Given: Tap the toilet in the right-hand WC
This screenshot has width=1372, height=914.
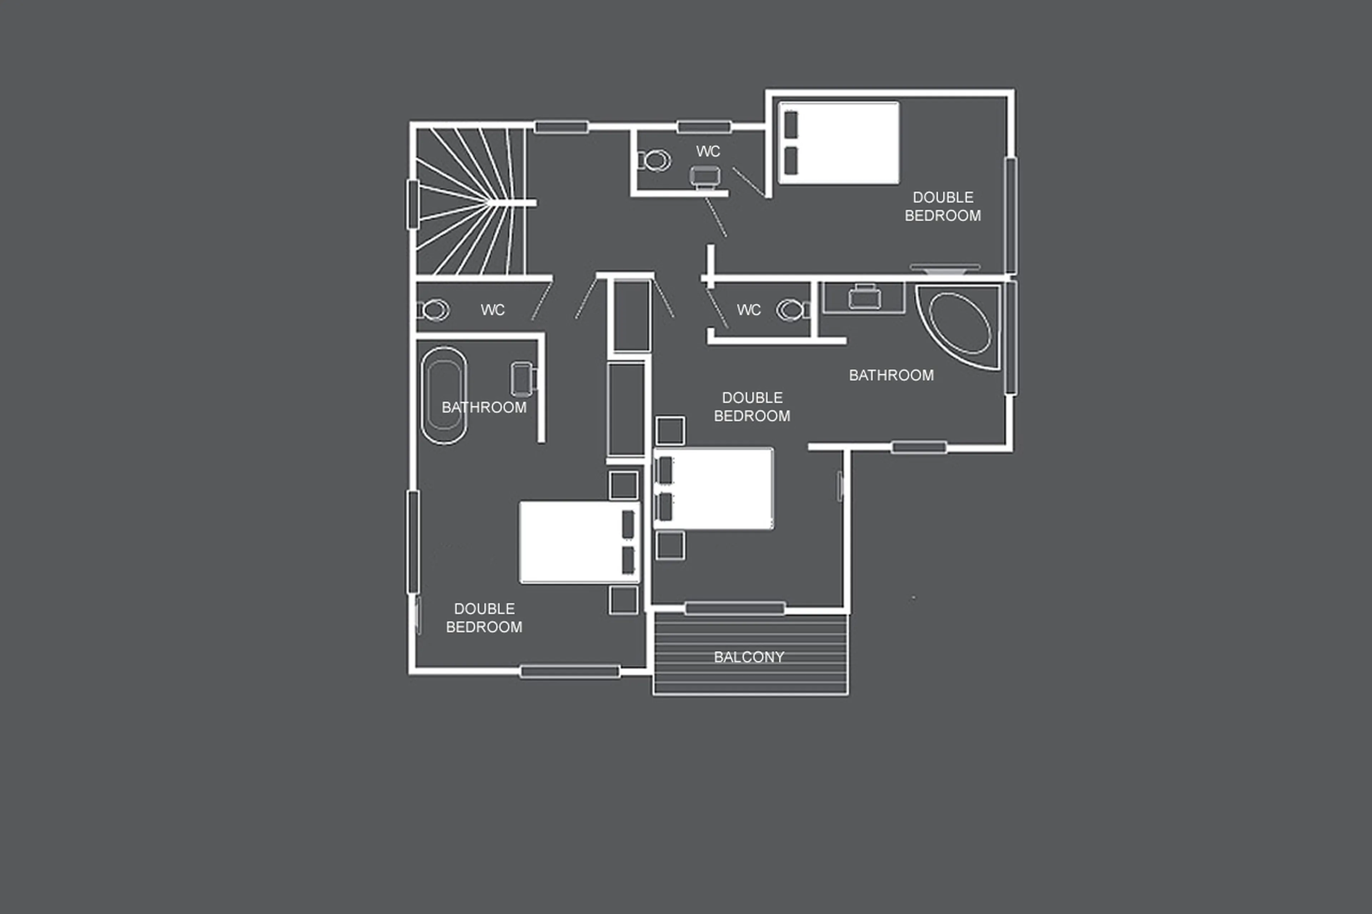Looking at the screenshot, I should point(791,310).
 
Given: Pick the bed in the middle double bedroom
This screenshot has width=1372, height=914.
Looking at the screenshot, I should point(714,489).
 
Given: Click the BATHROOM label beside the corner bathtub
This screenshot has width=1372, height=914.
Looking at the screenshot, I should point(891,375).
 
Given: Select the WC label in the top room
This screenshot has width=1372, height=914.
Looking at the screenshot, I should point(708,151).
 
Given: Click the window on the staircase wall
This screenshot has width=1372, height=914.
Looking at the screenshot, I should point(413,204).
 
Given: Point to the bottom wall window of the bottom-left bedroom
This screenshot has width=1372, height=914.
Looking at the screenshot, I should point(570,671).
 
